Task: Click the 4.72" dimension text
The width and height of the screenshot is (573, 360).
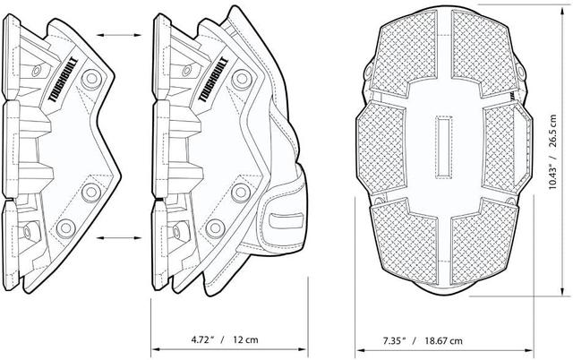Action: [x=202, y=339]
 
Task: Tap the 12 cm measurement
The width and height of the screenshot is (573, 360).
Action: [x=245, y=339]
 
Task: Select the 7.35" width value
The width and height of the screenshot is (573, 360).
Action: [x=395, y=341]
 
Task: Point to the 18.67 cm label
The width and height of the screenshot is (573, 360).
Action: [x=443, y=341]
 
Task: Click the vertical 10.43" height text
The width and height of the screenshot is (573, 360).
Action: [x=552, y=175]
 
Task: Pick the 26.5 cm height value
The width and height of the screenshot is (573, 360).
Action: [x=552, y=131]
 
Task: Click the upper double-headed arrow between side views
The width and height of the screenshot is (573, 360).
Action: [x=119, y=35]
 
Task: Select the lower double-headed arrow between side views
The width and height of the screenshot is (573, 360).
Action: [x=119, y=238]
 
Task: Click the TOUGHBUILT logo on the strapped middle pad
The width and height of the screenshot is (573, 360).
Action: [x=213, y=80]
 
